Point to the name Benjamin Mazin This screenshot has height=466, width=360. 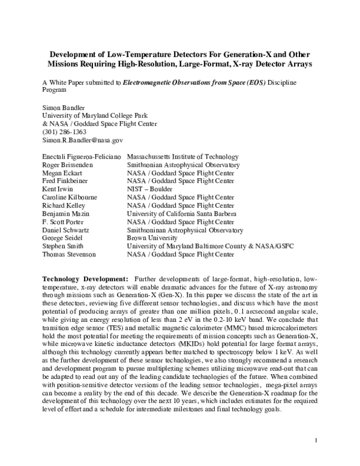(x=65, y=214)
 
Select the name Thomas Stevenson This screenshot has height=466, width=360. (x=69, y=255)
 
